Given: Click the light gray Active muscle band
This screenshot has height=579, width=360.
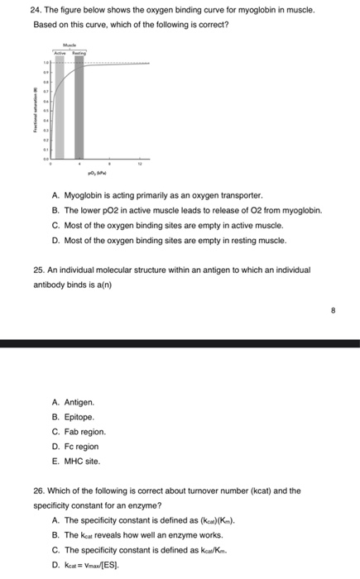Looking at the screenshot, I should tap(60, 108).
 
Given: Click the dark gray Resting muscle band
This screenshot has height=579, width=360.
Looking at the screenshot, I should tap(79, 108).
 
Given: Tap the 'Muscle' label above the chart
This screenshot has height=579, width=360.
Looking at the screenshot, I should tap(70, 45).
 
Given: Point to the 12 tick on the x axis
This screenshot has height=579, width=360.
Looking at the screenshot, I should tap(142, 165).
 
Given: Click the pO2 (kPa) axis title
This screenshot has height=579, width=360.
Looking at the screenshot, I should tap(98, 175).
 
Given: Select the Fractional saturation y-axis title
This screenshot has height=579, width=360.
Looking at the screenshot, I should tap(36, 111).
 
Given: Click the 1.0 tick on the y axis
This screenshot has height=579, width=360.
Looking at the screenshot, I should tap(47, 63).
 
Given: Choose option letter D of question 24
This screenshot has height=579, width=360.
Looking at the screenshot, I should tap(55, 240).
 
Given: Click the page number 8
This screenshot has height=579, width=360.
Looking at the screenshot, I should tap(333, 313).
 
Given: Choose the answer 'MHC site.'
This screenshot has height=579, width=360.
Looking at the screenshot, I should tap(81, 461).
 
